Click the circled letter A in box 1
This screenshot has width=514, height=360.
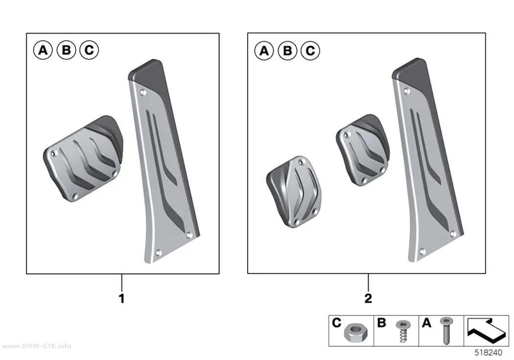pos(43,50)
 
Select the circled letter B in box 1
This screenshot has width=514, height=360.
pos(66,50)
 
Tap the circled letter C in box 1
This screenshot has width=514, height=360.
pos(89,50)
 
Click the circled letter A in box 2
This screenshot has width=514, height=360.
pos(264,51)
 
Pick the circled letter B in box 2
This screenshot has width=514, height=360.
pos(287,51)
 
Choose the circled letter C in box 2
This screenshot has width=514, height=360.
pos(310,51)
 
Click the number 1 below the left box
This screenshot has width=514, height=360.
pos(121,298)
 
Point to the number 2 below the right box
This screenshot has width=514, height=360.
pos(368,298)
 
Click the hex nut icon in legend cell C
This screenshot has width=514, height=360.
pos(355,333)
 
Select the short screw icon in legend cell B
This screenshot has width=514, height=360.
pos(403,331)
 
